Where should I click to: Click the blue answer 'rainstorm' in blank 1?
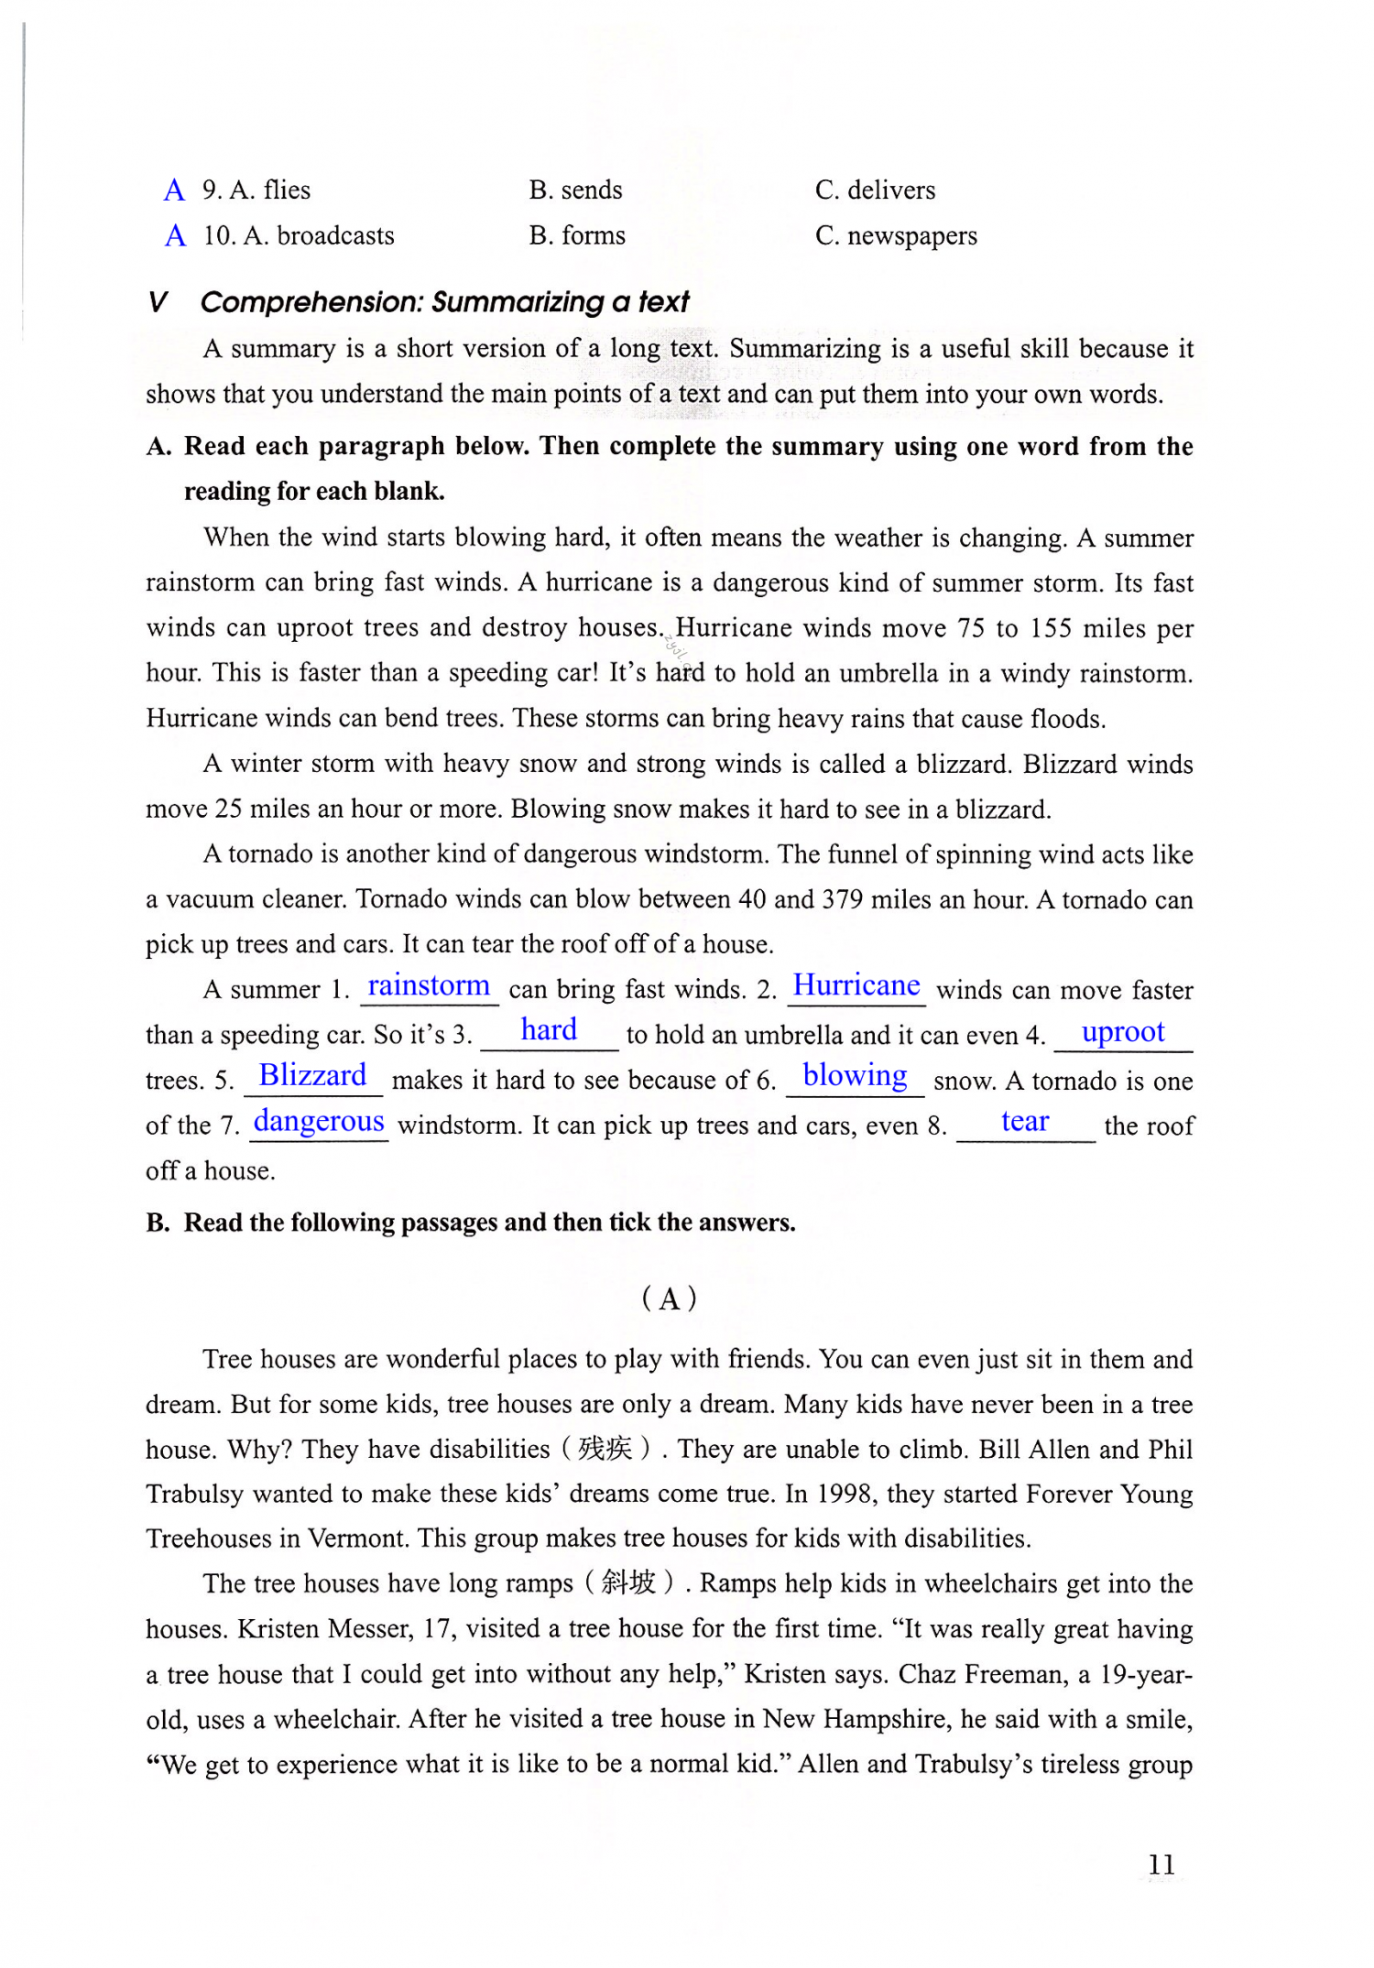[429, 986]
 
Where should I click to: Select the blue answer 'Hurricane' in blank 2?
[856, 985]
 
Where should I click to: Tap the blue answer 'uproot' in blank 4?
[1122, 1032]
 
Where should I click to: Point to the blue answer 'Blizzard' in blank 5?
[312, 1075]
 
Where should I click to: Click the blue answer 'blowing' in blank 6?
[855, 1075]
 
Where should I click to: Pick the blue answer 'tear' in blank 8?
[1024, 1121]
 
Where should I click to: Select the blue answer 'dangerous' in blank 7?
[319, 1121]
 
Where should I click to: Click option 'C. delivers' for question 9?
[875, 190]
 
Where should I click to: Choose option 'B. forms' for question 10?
[577, 236]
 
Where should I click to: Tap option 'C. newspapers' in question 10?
[896, 236]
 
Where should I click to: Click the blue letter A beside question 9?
[174, 190]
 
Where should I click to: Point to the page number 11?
[1161, 1865]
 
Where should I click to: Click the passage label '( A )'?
[670, 1299]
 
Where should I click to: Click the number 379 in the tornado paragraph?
[842, 899]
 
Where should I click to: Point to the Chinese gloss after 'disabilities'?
[605, 1449]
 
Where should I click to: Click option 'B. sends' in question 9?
[575, 190]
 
